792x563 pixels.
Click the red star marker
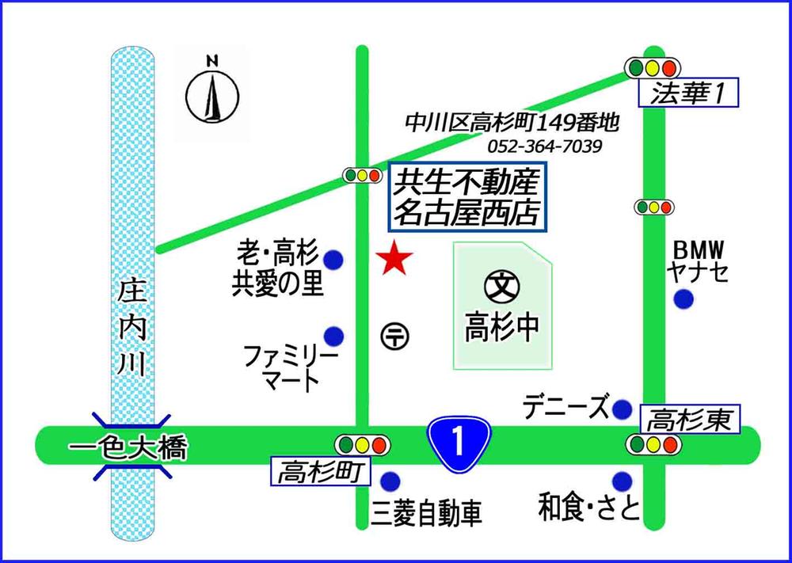(394, 259)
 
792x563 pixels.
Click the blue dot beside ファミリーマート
(334, 336)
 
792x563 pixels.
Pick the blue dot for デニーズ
(623, 408)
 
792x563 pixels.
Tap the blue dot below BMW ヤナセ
(683, 299)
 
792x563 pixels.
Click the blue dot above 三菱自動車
(390, 480)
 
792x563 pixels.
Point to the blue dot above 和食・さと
(622, 481)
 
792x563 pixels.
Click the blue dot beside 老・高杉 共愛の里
(334, 257)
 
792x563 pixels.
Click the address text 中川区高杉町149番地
(511, 123)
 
